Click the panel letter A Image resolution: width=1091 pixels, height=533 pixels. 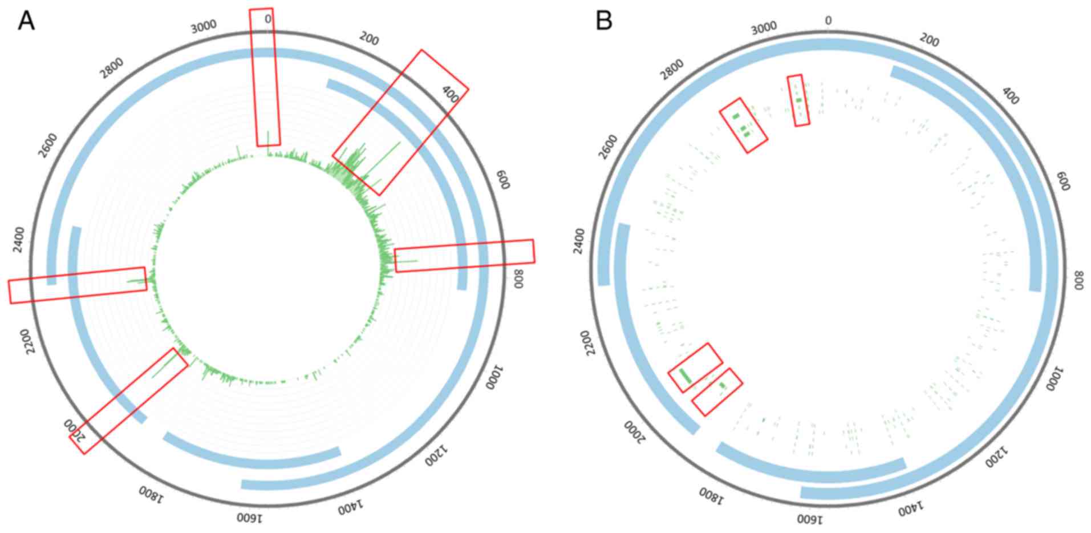tap(26, 21)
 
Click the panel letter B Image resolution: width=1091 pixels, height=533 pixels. tap(603, 21)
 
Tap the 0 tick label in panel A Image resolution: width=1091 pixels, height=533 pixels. tap(268, 19)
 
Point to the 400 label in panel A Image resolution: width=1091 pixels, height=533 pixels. tap(451, 94)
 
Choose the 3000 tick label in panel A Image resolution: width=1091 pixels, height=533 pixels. tap(204, 26)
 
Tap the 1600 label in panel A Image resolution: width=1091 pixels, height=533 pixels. tap(250, 518)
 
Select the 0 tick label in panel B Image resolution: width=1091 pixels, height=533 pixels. tap(828, 21)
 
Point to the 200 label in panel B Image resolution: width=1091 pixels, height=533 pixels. tap(929, 41)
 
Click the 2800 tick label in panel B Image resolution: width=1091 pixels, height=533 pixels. tap(673, 70)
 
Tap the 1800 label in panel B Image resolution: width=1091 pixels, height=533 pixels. tap(711, 495)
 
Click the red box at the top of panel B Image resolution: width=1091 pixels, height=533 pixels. tap(798, 100)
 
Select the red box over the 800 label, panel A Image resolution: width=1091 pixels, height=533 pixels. tap(465, 255)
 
